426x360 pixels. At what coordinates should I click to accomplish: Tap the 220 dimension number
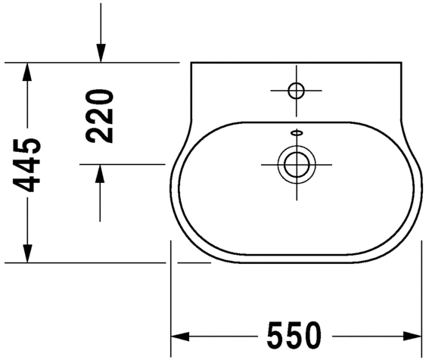99,116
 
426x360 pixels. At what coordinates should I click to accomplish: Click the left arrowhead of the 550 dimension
179,334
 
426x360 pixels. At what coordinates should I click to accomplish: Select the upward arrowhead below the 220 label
100,173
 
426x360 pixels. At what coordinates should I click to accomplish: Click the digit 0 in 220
99,98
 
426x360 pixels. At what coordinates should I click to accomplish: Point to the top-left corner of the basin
191,64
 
